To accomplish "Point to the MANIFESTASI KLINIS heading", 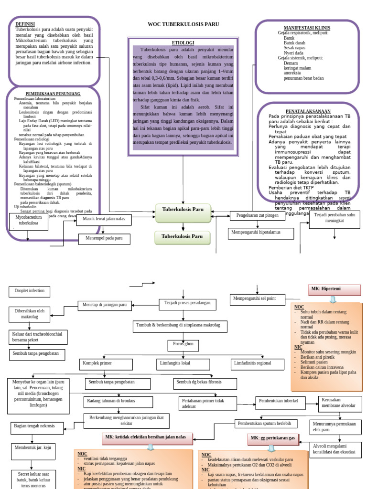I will click(307, 28).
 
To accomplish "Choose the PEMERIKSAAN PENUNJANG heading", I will click(53, 94).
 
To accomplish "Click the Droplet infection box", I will click(29, 291).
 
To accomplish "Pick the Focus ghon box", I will click(183, 344).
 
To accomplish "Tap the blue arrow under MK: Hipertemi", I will click(333, 299).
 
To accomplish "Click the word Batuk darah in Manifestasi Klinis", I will click(295, 43).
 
